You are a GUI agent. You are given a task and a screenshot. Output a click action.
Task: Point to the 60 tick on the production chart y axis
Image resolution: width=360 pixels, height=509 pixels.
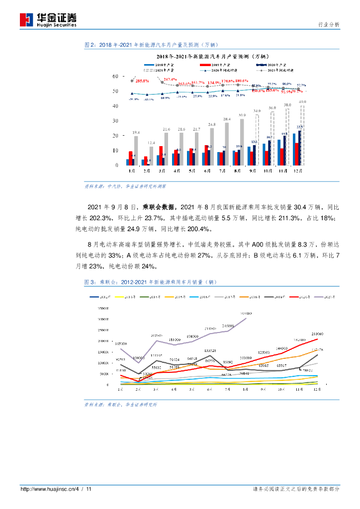(x=115, y=76)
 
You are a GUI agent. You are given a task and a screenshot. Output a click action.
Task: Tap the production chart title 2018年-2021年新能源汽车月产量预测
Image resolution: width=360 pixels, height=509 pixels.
(x=213, y=56)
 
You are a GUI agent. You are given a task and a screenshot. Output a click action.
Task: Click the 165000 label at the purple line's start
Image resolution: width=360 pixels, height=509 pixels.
(x=122, y=343)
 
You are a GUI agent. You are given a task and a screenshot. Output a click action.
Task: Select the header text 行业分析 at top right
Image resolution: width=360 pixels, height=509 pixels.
(x=329, y=24)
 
